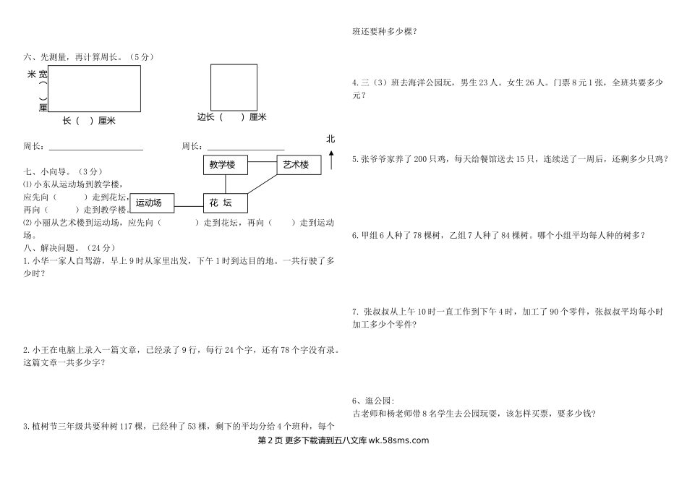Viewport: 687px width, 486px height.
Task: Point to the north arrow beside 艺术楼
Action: coord(331,160)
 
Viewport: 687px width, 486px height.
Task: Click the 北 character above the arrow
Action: coord(330,139)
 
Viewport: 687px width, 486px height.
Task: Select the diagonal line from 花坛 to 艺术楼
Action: coord(263,184)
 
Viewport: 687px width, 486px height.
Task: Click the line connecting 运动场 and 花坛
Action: coord(189,206)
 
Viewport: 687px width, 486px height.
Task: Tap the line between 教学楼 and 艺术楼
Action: coord(263,161)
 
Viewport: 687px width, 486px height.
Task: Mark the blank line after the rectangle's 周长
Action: coord(96,150)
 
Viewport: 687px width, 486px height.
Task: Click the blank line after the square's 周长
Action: coord(246,150)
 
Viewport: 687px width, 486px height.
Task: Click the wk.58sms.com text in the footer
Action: coord(398,440)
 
